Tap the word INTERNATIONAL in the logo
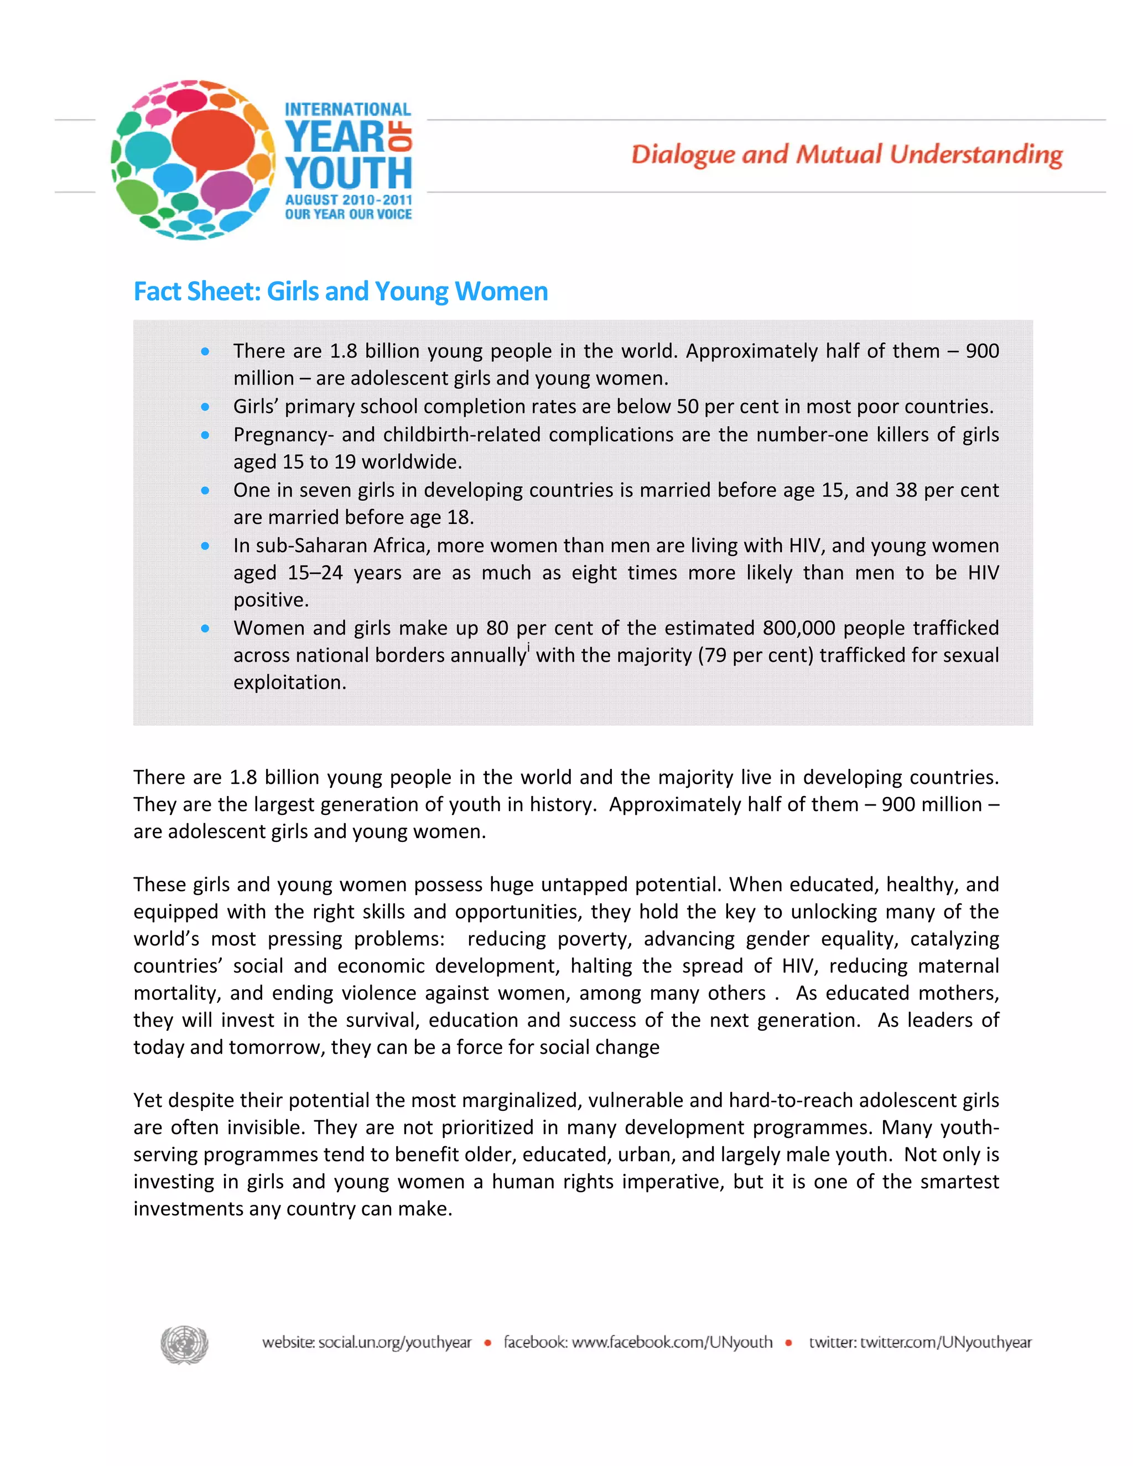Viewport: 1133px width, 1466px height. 347,110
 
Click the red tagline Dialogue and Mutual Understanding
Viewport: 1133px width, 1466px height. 846,154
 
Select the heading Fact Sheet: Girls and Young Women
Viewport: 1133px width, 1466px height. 340,292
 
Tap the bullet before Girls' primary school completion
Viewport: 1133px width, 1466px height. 205,407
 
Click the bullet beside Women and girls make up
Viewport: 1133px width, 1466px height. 205,628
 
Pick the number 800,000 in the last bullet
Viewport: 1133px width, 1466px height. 799,628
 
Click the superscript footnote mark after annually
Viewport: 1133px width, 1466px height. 529,648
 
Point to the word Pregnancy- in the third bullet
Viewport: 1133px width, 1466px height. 283,435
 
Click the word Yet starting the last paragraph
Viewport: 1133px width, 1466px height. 148,1100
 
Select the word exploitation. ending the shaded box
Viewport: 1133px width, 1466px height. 290,683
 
